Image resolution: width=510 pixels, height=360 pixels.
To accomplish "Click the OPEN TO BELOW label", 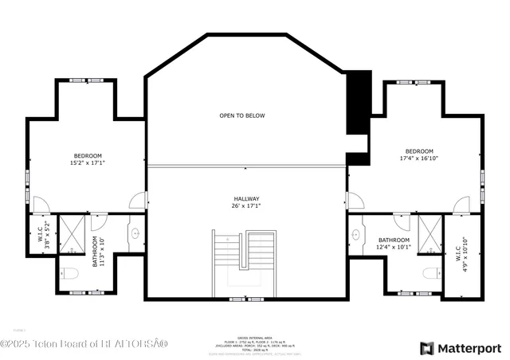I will [x=242, y=115].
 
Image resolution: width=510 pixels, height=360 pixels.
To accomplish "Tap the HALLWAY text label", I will [x=246, y=198].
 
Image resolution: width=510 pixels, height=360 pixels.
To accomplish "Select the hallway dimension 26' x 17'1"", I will [x=246, y=206].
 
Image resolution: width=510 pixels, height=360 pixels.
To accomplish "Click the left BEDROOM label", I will [x=88, y=155].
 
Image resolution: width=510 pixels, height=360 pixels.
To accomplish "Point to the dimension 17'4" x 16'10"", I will [x=418, y=158].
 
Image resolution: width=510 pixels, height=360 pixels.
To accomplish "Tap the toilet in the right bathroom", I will [x=431, y=274].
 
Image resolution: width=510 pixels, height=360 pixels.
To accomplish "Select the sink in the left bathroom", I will [x=135, y=234].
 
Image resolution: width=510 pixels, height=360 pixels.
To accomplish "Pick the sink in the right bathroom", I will [x=356, y=235].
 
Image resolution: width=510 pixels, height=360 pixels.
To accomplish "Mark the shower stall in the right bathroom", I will [x=428, y=232].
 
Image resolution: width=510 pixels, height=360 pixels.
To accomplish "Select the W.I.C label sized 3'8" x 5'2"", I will [x=41, y=235].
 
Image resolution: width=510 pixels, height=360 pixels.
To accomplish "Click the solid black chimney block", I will [x=359, y=104].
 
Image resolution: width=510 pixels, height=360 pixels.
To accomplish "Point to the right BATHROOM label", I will [x=394, y=240].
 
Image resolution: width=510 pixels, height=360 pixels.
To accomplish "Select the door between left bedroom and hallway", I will [x=139, y=200].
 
